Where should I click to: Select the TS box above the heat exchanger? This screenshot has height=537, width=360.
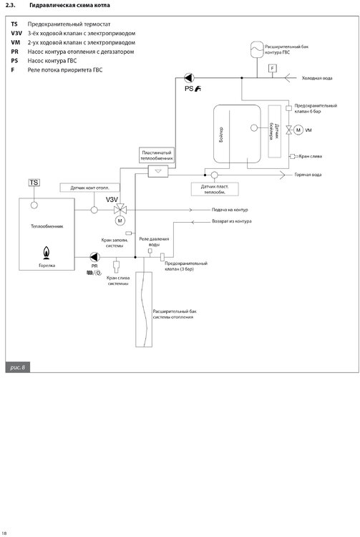click(x=34, y=183)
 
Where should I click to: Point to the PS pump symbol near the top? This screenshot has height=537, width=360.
click(x=188, y=78)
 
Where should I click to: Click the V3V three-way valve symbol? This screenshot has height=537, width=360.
click(x=120, y=209)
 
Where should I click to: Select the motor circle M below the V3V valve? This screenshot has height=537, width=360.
click(x=120, y=221)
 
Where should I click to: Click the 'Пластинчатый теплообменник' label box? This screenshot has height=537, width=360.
click(x=156, y=155)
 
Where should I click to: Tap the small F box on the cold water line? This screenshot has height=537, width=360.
click(x=273, y=68)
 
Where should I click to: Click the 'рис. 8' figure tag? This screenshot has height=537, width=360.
click(x=18, y=367)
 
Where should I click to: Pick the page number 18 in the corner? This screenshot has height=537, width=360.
click(x=5, y=532)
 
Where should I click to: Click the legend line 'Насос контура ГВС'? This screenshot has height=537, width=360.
click(x=52, y=61)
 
